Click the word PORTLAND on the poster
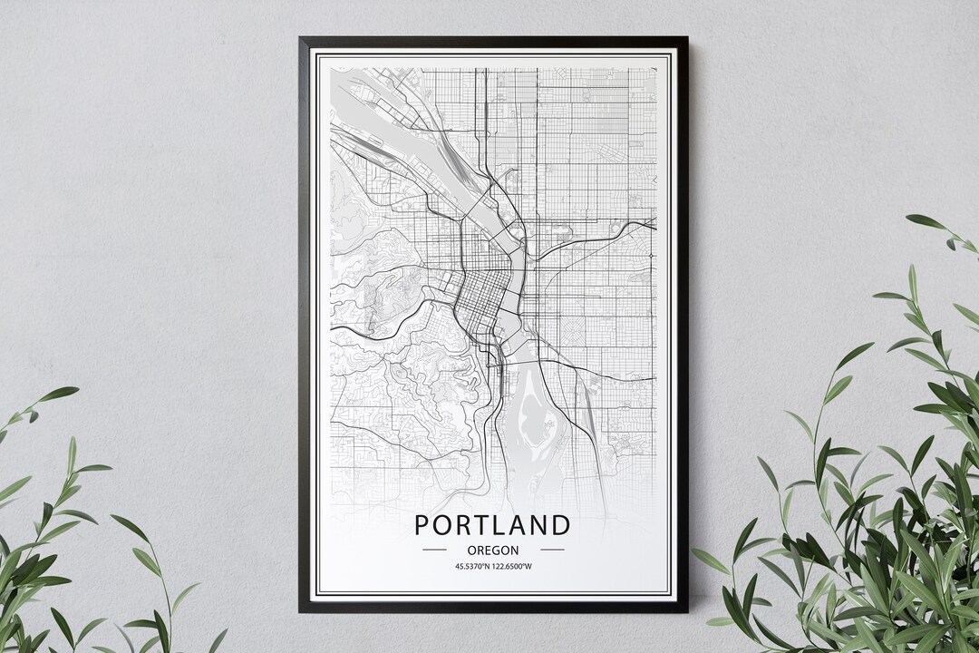(x=493, y=525)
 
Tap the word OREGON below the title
(x=493, y=550)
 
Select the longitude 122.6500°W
(x=512, y=568)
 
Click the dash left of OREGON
(x=434, y=550)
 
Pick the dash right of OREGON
(x=552, y=550)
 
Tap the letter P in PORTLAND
(x=422, y=525)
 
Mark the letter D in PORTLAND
(x=562, y=525)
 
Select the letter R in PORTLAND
(x=464, y=525)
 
